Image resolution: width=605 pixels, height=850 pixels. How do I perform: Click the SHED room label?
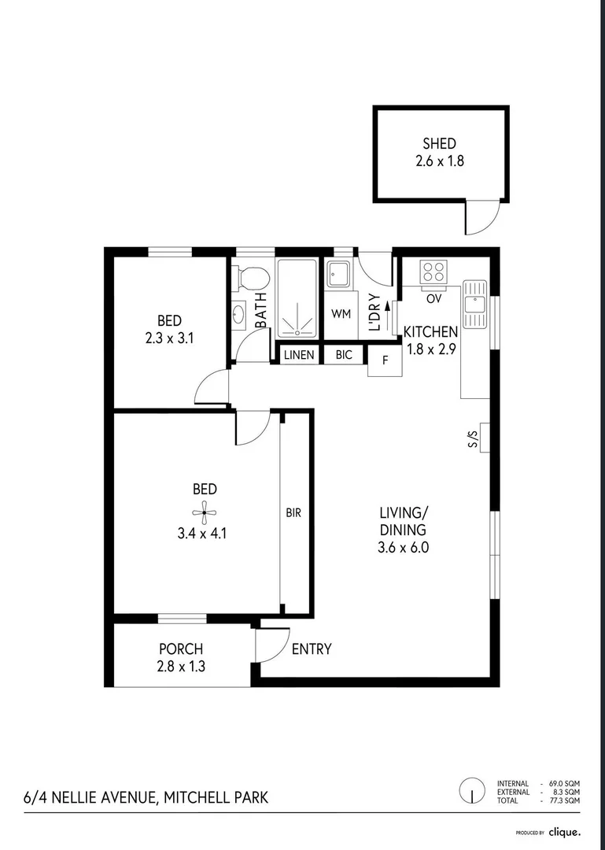pyautogui.click(x=439, y=143)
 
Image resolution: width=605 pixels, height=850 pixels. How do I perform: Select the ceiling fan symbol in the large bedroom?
pyautogui.click(x=204, y=512)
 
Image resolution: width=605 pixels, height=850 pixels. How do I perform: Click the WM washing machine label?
pyautogui.click(x=340, y=314)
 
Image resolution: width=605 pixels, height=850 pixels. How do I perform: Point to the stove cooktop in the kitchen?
pyautogui.click(x=433, y=272)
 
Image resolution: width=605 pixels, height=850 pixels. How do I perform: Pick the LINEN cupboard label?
pyautogui.click(x=299, y=356)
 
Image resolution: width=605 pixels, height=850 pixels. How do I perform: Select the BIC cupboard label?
pyautogui.click(x=344, y=356)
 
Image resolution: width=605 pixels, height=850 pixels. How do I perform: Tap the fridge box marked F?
pyautogui.click(x=385, y=360)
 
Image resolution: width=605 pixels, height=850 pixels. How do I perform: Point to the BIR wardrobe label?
pyautogui.click(x=293, y=512)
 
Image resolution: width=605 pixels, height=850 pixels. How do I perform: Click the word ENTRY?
pyautogui.click(x=312, y=649)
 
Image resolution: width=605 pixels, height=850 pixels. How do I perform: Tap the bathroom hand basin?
pyautogui.click(x=239, y=315)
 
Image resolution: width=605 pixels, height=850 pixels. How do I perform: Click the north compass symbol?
pyautogui.click(x=472, y=790)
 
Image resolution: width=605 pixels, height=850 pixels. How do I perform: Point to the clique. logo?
pyautogui.click(x=564, y=832)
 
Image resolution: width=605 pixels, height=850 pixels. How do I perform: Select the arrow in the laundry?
pyautogui.click(x=387, y=321)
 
